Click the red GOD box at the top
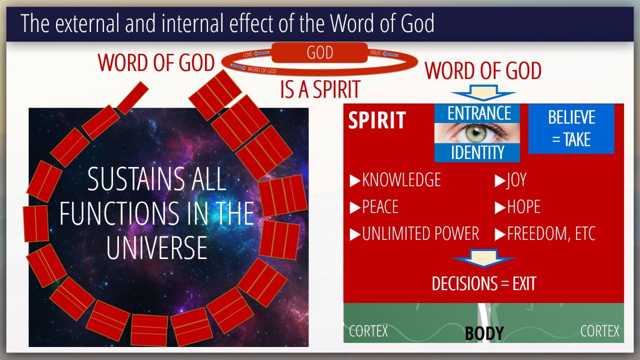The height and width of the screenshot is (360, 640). tap(319, 52)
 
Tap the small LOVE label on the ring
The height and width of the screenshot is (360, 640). tap(247, 54)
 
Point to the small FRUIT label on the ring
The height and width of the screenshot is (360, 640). tap(375, 53)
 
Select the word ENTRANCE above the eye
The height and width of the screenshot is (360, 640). tap(479, 113)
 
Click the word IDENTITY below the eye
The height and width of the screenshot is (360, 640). tap(477, 152)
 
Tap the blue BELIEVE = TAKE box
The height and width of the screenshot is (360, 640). tap(571, 129)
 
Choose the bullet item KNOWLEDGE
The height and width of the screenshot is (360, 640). tap(395, 179)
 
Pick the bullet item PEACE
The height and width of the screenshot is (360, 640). tap(374, 206)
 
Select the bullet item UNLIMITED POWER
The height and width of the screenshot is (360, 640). tap(414, 233)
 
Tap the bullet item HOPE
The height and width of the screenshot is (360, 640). tap(517, 206)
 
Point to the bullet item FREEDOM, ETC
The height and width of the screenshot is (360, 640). tap(545, 233)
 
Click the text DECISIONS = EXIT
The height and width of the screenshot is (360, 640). tap(483, 283)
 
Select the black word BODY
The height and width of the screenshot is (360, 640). tap(484, 333)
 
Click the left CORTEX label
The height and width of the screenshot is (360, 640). tap(368, 331)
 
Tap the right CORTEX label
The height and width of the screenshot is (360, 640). tap(599, 331)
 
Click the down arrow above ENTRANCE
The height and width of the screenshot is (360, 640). tap(483, 92)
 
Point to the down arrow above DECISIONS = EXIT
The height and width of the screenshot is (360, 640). tap(483, 258)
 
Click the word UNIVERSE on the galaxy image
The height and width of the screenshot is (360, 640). tap(157, 247)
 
